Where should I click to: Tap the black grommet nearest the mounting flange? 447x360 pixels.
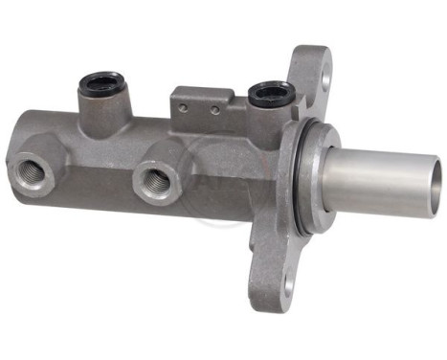[x=270, y=92]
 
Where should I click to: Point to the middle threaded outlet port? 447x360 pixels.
[x=153, y=180]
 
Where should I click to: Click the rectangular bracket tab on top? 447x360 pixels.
[x=202, y=100]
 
